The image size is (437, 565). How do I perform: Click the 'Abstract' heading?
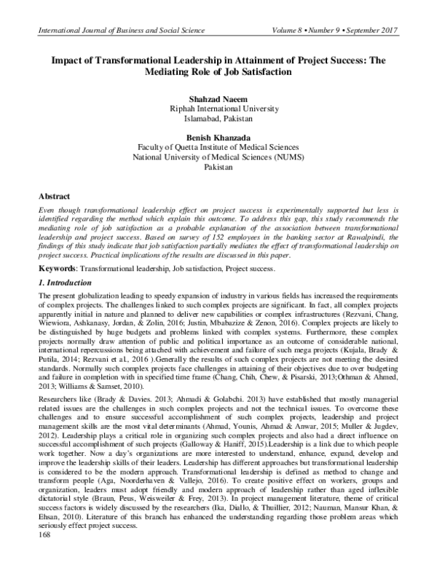(54, 197)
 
